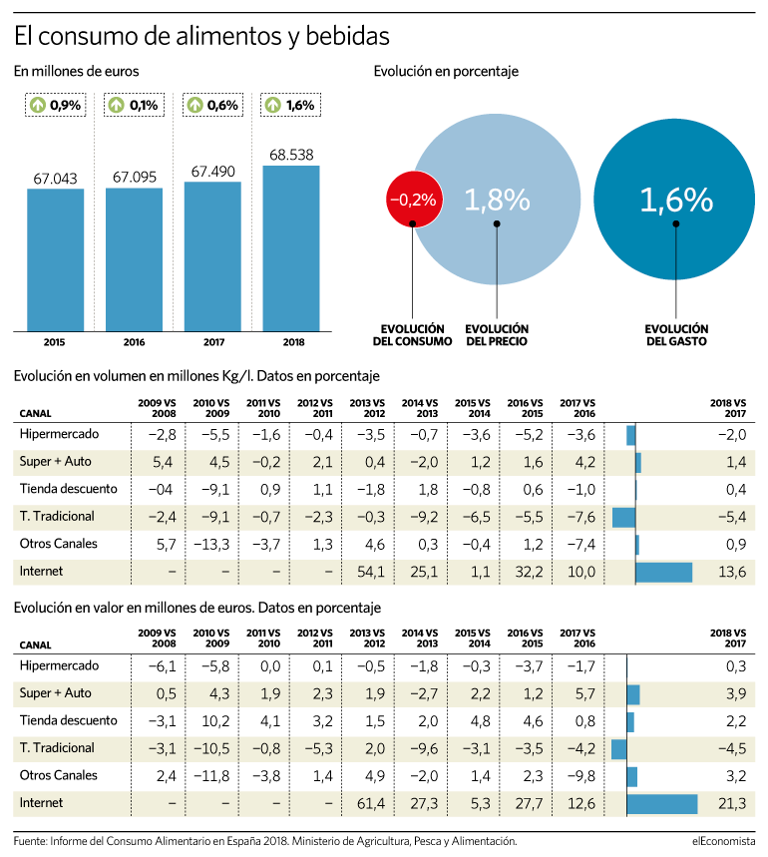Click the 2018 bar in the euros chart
pos(291,248)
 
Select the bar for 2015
pos(56,260)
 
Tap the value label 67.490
pos(213,172)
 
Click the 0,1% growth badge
pos(135,105)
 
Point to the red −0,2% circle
pos(414,200)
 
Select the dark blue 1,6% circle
pos(675,200)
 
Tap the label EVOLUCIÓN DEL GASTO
pos(676,335)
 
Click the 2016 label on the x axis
pos(134,342)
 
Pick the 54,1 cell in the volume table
pos(371,572)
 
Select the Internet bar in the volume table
pos(663,573)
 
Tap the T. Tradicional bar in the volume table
pos(623,517)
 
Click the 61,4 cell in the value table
pos(371,803)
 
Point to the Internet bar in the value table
pos(662,804)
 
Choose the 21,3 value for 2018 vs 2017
pos(732,803)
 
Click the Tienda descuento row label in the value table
pos(68,720)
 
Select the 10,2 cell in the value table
pos(215,721)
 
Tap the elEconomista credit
pos(724,841)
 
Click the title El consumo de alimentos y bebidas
pos(201,37)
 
